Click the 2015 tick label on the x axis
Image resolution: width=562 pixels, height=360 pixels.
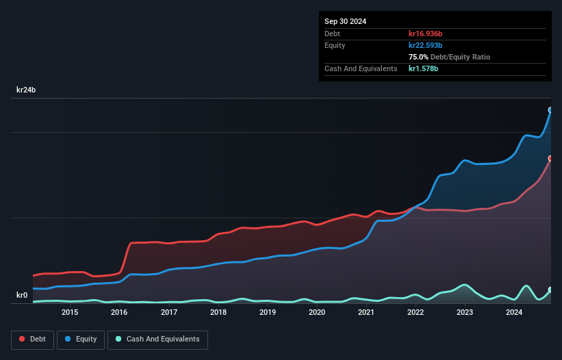click(x=70, y=313)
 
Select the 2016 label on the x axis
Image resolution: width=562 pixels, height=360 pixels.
click(x=119, y=313)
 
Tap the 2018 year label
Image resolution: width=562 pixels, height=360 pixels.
click(x=218, y=313)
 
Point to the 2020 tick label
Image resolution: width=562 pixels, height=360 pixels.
click(x=317, y=313)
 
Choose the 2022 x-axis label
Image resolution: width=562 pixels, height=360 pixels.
click(x=416, y=313)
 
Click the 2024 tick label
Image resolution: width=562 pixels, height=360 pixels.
click(x=514, y=313)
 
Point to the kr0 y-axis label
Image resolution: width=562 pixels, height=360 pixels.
click(x=22, y=296)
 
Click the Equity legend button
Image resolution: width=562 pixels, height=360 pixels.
click(x=81, y=339)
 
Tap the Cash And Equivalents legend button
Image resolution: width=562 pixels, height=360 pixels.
click(x=157, y=339)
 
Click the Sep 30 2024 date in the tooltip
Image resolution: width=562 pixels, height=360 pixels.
click(x=346, y=21)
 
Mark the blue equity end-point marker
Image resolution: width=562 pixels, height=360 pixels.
click(x=550, y=110)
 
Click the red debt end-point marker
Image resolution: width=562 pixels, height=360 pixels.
click(x=550, y=158)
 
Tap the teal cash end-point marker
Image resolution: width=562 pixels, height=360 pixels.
click(x=550, y=290)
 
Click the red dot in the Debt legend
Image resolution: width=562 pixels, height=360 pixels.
click(x=23, y=339)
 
